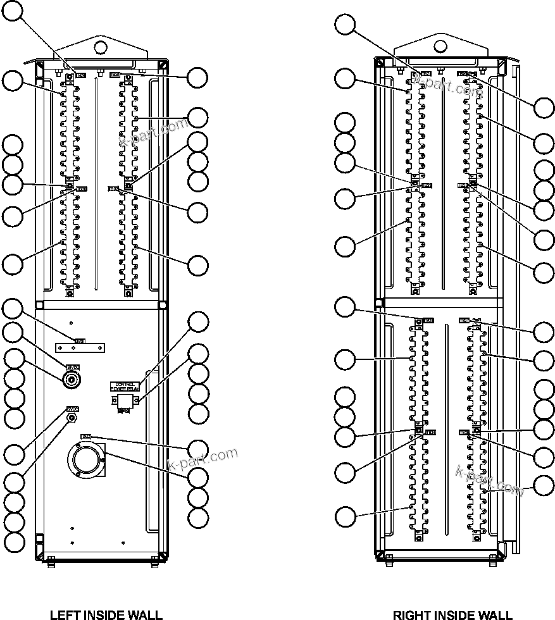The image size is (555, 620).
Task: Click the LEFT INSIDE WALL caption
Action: pos(106,614)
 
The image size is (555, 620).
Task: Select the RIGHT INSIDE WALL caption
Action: pos(452,614)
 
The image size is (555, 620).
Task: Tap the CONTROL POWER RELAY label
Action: pos(126,387)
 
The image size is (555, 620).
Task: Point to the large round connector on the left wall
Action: pos(85,460)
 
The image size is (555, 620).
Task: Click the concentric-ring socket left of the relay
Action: pos(72,380)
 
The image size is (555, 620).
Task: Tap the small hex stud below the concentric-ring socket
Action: pos(72,418)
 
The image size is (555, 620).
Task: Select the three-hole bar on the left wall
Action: pos(80,348)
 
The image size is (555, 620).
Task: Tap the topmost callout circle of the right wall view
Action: pos(345,25)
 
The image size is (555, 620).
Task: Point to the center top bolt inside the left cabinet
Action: pos(99,71)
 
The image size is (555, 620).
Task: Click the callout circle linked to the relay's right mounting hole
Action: pos(199,353)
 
